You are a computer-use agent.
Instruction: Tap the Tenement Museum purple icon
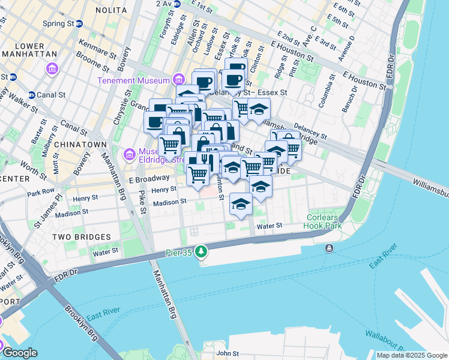(x=178, y=79)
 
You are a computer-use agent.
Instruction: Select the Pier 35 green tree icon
(x=203, y=251)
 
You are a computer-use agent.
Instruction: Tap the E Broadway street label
(x=149, y=179)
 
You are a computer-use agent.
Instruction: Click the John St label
(x=228, y=354)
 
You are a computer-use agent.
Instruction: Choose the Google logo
(x=20, y=353)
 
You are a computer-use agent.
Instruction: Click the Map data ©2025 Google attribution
(x=412, y=355)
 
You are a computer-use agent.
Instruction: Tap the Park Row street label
(x=41, y=193)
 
